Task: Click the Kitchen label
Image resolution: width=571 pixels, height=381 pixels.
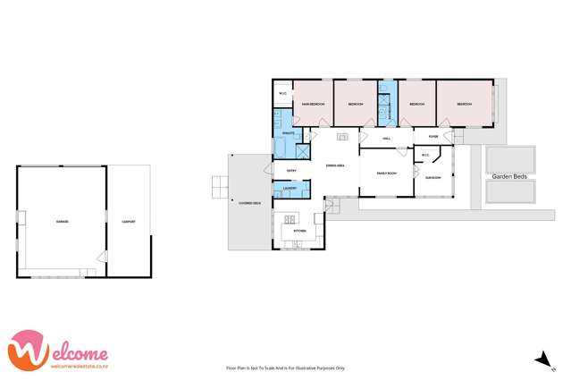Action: point(298,231)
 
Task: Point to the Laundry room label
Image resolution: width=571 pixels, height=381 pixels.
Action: point(290,188)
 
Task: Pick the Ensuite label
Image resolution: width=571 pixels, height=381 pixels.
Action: point(288,133)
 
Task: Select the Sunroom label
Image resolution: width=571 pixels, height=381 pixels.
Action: point(432,178)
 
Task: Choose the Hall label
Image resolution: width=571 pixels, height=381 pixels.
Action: point(387,139)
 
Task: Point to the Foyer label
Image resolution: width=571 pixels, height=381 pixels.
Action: point(432,137)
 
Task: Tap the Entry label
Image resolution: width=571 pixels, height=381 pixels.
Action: point(290,170)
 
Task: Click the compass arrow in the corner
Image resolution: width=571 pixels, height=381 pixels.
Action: point(539,360)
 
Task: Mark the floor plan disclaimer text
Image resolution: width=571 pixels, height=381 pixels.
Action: point(285,368)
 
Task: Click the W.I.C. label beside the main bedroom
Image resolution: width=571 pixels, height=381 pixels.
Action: point(282,93)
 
